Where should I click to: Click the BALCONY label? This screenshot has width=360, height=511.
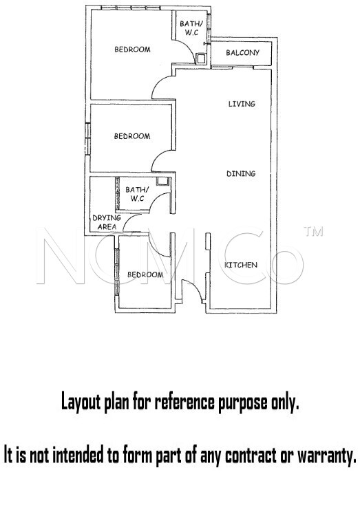[x=242, y=52]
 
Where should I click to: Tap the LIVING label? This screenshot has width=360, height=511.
[x=242, y=104]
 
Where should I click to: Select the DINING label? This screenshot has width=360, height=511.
[x=241, y=173]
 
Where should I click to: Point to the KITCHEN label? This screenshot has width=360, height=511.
[x=241, y=265]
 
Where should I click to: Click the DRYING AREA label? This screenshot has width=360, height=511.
[x=107, y=222]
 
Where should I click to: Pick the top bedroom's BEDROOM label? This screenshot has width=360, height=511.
[x=132, y=50]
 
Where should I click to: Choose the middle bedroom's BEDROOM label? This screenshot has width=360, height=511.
[x=132, y=136]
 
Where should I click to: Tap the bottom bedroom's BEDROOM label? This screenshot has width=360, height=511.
[x=145, y=274]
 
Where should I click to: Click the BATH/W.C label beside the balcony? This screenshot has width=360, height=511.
[x=191, y=28]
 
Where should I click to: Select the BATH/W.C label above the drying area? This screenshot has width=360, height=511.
[x=137, y=194]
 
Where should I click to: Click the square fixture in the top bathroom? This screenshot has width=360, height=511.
[x=201, y=58]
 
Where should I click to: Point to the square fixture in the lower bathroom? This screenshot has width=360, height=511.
[x=162, y=181]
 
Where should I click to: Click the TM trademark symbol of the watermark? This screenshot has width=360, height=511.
[x=313, y=231]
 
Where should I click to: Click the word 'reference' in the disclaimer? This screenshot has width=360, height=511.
[x=184, y=402]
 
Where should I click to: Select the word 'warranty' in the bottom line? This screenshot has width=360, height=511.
[x=326, y=455]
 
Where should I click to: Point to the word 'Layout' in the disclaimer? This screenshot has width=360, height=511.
[x=81, y=403]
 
